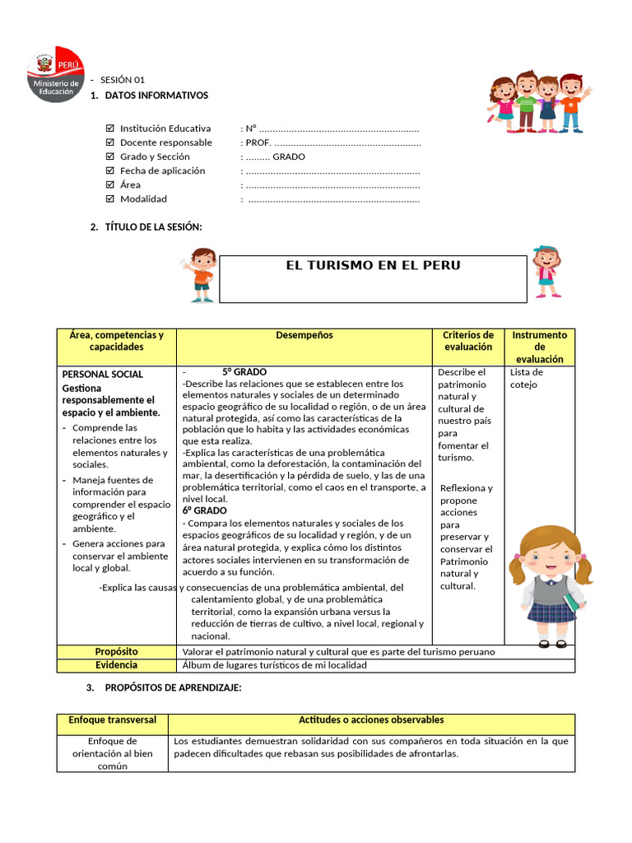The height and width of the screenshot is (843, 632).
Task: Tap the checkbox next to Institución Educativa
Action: (x=111, y=128)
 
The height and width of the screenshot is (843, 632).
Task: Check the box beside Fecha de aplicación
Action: (x=111, y=170)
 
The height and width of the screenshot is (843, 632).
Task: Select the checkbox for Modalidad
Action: (x=111, y=198)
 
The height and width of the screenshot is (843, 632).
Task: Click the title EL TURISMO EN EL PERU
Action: (x=373, y=266)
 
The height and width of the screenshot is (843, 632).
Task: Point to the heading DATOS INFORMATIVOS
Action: (x=156, y=95)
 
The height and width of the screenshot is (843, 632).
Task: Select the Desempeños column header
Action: (x=304, y=336)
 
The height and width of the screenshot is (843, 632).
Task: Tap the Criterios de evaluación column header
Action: (x=467, y=341)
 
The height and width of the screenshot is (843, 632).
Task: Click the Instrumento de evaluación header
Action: (x=539, y=347)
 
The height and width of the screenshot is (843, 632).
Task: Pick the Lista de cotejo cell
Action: (x=527, y=378)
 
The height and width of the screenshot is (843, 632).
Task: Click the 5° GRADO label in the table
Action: (x=244, y=372)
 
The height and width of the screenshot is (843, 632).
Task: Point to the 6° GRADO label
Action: (x=204, y=510)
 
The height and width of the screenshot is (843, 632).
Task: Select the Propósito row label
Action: (x=116, y=651)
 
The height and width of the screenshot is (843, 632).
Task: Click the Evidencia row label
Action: (x=116, y=665)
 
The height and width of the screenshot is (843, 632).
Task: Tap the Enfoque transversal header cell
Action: (x=112, y=720)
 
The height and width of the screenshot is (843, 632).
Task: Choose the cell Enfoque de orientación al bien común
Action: (x=112, y=753)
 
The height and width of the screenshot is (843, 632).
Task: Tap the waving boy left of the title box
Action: (x=199, y=275)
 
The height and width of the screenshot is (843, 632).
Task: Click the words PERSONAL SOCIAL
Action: (x=102, y=375)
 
